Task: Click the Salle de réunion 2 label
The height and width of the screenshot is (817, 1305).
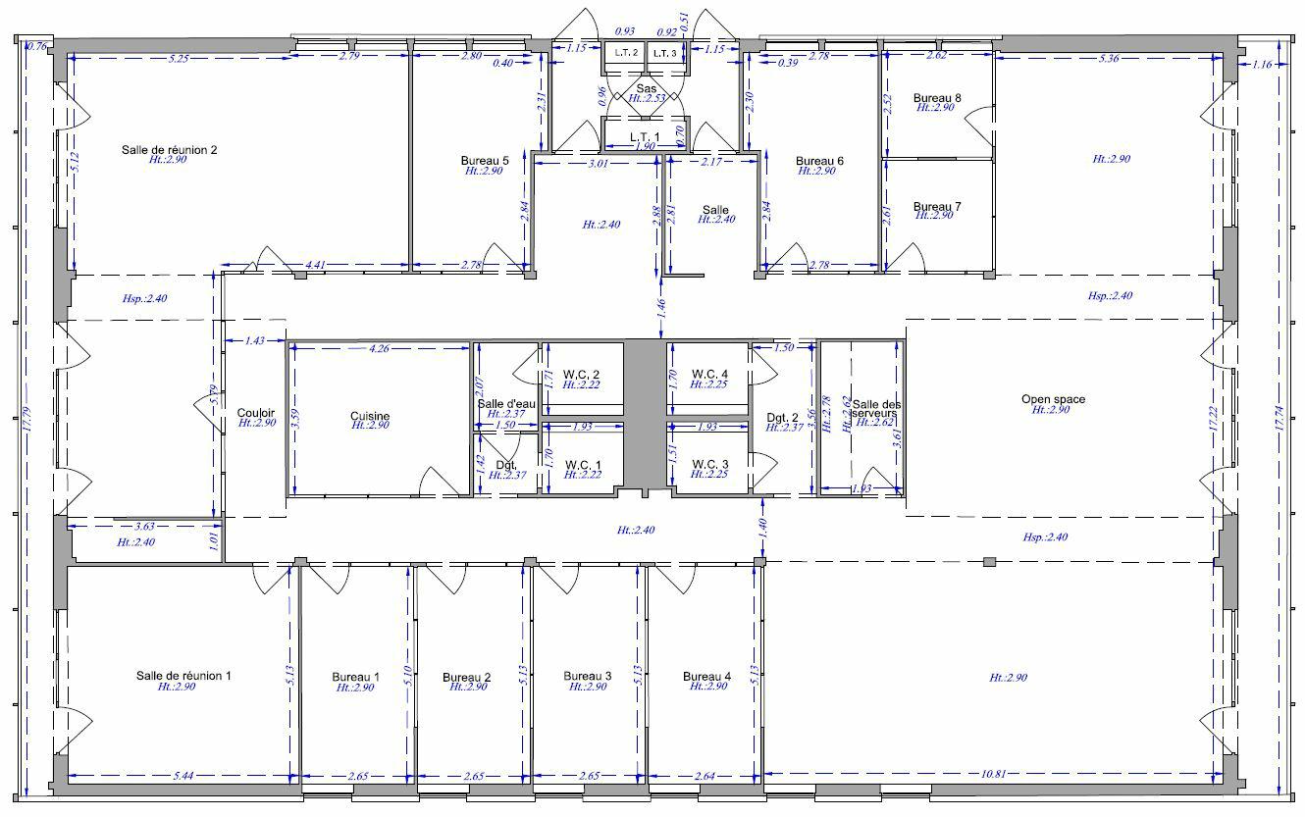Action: click(169, 149)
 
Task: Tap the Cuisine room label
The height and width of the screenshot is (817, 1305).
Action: click(370, 416)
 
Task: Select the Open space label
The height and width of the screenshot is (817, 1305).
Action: click(1053, 399)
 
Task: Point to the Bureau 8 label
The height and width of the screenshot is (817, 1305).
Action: click(937, 98)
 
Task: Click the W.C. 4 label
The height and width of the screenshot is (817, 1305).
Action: click(709, 374)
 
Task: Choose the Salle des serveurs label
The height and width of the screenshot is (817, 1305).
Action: click(874, 409)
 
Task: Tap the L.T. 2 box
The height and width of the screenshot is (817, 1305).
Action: click(626, 53)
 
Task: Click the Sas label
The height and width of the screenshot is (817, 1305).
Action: click(646, 88)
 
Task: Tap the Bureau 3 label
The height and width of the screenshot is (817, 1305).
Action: click(588, 676)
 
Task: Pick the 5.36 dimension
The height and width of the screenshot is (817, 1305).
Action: click(1108, 58)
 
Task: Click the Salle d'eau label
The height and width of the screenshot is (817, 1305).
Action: click(506, 404)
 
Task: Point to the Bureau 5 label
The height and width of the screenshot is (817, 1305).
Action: click(485, 160)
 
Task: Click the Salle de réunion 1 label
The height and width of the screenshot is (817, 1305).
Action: click(183, 676)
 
